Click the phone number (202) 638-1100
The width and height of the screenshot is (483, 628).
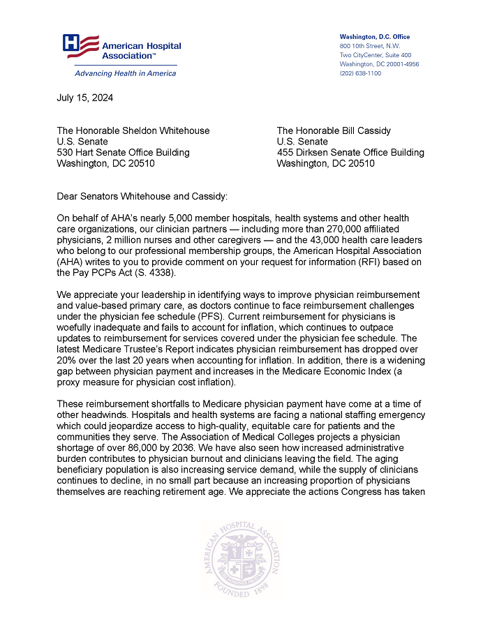[x=360, y=73]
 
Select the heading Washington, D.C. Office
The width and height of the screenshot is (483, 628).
[x=374, y=36]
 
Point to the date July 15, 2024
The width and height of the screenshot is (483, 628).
[x=84, y=98]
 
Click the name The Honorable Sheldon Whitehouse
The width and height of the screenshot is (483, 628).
[x=133, y=130]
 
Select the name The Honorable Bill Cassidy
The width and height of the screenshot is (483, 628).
[x=334, y=130]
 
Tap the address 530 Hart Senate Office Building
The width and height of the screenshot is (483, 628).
[x=123, y=153]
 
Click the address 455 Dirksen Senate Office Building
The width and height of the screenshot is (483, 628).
[x=350, y=153]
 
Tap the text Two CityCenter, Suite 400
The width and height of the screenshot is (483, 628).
[x=375, y=55]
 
